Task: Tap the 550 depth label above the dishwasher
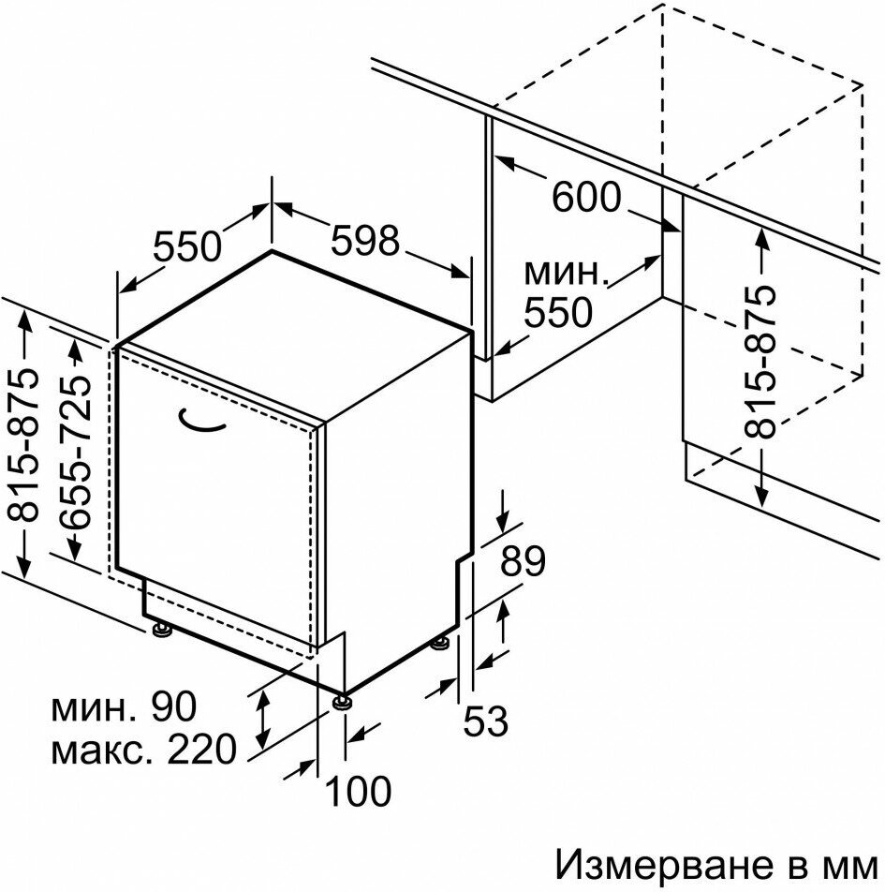pos(186,245)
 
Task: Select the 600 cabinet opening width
pos(586,197)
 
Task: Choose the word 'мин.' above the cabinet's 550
pos(565,274)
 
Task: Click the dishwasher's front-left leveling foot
pos(164,629)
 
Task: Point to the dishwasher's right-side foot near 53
pos(438,645)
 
